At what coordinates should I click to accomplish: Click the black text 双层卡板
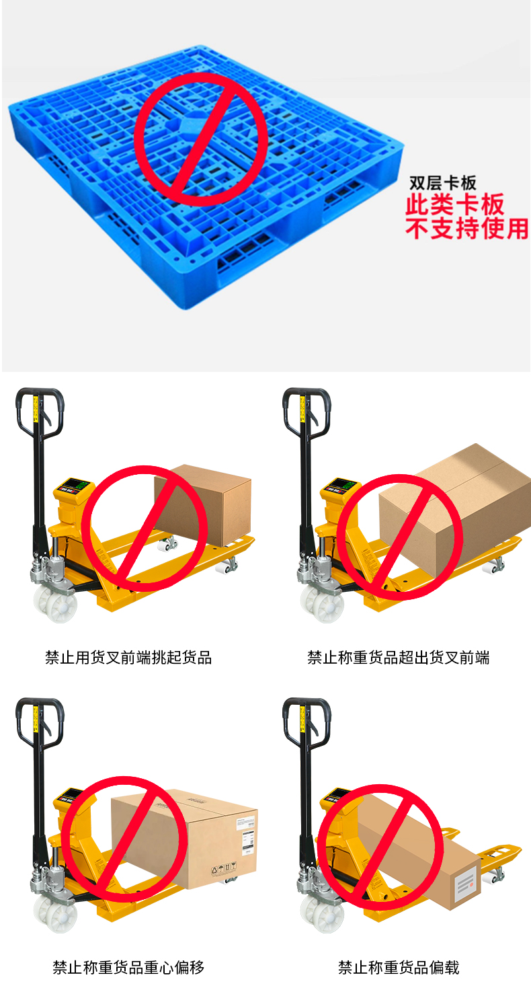click(442, 182)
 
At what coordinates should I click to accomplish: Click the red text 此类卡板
click(455, 204)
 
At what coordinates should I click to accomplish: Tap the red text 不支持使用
click(467, 229)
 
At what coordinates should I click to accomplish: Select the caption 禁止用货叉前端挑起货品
click(128, 658)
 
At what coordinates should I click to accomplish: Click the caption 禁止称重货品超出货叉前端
click(398, 658)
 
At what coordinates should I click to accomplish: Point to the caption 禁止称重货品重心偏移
click(128, 968)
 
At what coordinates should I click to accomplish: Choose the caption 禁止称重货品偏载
click(398, 968)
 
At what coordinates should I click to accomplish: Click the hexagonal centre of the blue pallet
click(191, 125)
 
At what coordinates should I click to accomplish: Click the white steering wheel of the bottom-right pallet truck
click(323, 913)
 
